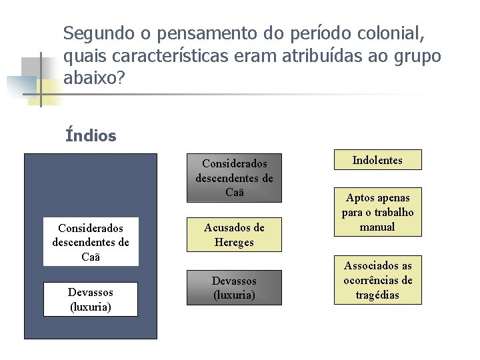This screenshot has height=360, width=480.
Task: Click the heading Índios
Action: [x=91, y=136]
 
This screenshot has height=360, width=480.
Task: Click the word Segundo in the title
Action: [x=94, y=33]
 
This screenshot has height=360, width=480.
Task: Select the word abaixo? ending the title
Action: [x=94, y=79]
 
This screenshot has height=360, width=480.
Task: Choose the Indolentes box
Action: [x=377, y=160]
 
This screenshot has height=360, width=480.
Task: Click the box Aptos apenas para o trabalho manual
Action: [x=377, y=212]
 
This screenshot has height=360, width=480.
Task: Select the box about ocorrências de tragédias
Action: [x=377, y=280]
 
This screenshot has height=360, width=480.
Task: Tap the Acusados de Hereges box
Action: [x=234, y=235]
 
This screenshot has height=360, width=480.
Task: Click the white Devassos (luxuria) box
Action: [x=91, y=299]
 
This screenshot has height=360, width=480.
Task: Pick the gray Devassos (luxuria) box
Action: [x=234, y=287]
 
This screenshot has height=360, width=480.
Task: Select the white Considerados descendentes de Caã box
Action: [x=91, y=241]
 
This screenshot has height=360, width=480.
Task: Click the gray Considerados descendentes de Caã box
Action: [x=234, y=178]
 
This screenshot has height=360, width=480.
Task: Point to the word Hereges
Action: [x=234, y=243]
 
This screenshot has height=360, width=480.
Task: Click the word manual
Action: [x=377, y=227]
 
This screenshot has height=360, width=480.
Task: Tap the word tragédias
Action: [x=377, y=295]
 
